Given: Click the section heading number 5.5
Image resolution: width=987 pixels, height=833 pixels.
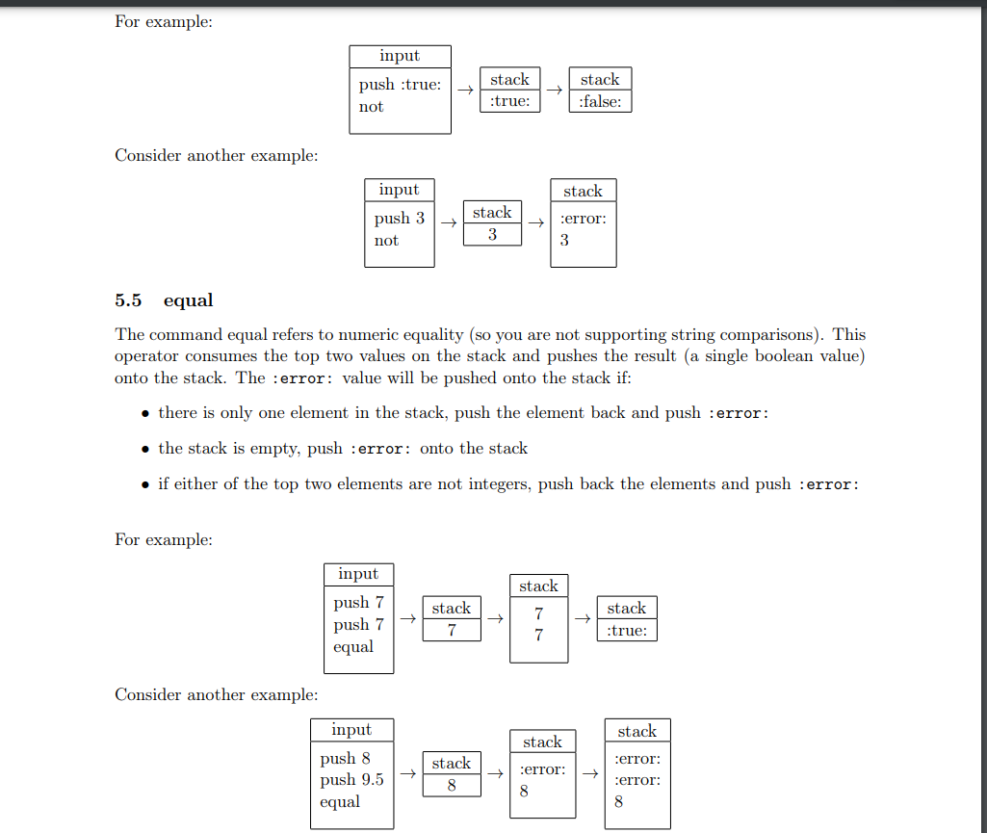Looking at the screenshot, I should click(128, 300).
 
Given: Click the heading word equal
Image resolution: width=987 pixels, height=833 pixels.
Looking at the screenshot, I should click(189, 300).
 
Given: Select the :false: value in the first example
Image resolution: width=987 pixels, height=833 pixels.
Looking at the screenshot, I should click(600, 101).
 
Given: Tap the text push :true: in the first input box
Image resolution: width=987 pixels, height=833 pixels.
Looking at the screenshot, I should click(400, 85).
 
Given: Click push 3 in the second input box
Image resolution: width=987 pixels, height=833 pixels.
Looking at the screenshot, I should click(399, 219).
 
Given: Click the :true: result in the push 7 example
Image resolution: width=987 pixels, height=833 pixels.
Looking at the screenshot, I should click(627, 631).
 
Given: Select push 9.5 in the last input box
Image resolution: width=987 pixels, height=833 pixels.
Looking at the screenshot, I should click(351, 780).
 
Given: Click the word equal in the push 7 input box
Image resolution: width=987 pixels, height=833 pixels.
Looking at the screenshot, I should click(352, 647).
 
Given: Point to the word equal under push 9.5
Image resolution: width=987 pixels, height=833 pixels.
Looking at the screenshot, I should click(340, 802).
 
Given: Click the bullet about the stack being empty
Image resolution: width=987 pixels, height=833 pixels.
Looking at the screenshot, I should click(342, 448).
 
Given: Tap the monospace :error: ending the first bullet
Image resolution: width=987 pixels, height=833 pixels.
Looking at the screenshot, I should click(739, 413).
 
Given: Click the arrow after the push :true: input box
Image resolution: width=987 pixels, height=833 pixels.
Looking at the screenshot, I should click(465, 91).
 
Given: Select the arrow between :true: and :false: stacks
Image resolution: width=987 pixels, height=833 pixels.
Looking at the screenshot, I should click(554, 91).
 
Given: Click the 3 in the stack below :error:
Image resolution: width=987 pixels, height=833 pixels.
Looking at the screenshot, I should click(564, 241).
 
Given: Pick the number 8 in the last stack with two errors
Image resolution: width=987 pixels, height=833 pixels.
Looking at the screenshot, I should click(618, 801).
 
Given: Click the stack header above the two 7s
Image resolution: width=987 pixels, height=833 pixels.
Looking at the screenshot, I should click(538, 586).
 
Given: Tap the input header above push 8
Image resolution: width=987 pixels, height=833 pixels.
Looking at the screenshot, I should click(351, 730).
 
